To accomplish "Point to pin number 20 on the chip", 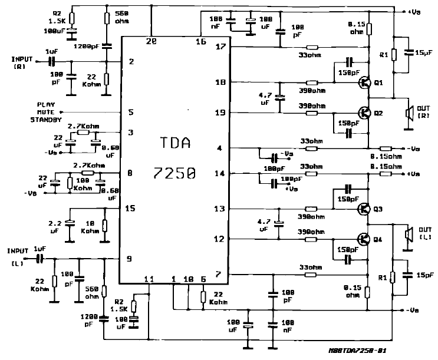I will pyautogui.click(x=152, y=41).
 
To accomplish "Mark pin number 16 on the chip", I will pyautogui.click(x=202, y=41).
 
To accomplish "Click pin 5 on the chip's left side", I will pyautogui.click(x=131, y=111).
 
